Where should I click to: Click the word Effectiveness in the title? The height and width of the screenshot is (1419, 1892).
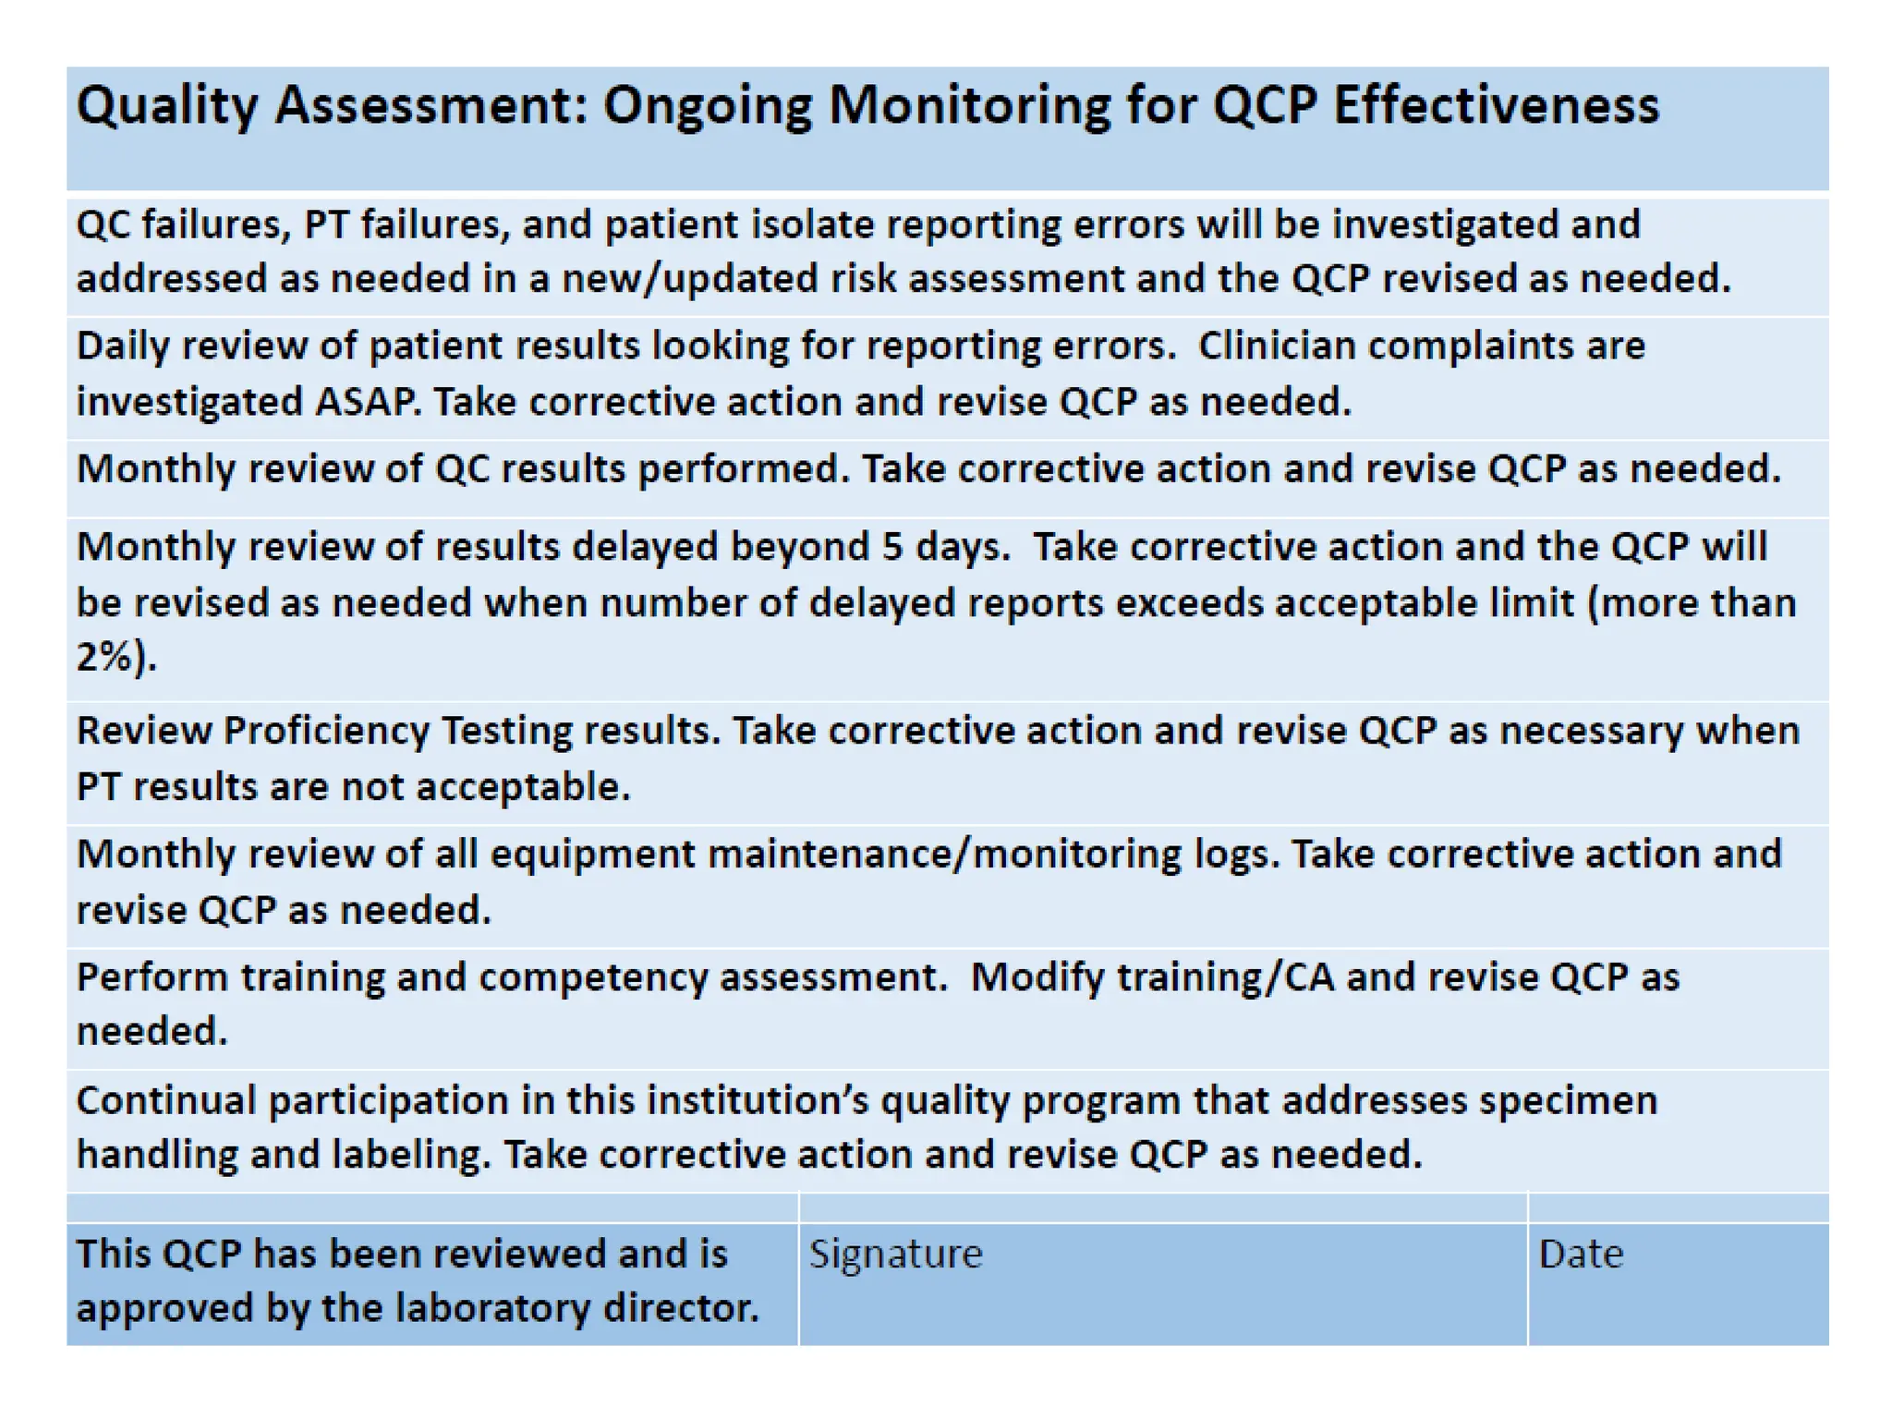tap(1496, 104)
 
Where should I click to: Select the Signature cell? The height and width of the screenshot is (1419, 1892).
tap(1162, 1283)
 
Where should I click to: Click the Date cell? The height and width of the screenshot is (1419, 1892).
tap(1677, 1283)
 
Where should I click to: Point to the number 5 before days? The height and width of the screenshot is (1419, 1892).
tap(891, 547)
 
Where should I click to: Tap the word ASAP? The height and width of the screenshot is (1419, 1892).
tap(368, 402)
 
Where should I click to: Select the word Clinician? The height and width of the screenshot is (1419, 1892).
tap(1277, 346)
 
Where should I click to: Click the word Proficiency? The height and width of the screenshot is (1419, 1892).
tap(326, 731)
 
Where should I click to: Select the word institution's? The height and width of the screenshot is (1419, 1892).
tap(757, 1100)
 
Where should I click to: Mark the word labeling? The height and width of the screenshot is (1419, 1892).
tap(410, 1155)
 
